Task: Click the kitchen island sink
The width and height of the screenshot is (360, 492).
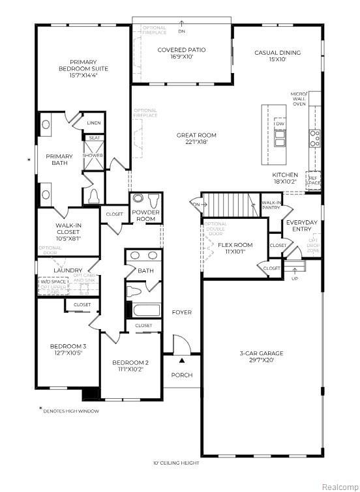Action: pos(280,139)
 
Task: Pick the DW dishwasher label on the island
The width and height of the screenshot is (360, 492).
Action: pos(280,124)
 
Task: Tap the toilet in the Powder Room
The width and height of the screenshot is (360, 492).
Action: pos(154,200)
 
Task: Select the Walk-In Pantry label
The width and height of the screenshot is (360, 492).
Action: pos(271,205)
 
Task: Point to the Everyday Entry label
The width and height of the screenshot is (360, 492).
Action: pos(302,225)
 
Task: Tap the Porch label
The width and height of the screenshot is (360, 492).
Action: pos(181,375)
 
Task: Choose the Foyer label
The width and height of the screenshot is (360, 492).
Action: pos(181,312)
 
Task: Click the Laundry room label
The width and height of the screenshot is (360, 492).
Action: pos(68,270)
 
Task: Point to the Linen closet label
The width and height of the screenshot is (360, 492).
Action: pos(93,123)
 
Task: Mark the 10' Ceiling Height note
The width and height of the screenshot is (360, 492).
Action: pos(176,463)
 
